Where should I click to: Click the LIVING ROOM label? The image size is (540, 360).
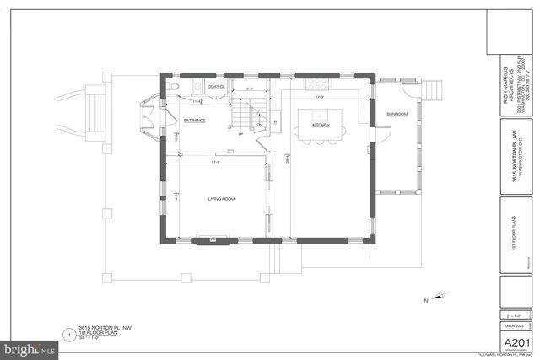(x=221, y=199)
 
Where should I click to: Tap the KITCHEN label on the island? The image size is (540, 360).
(x=321, y=125)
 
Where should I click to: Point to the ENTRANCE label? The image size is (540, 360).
(x=196, y=121)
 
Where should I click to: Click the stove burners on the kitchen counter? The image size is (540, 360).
(x=317, y=83)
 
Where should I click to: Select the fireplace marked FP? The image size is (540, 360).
(x=213, y=239)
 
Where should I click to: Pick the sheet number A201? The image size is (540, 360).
(x=516, y=342)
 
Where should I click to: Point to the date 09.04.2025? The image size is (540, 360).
(x=514, y=325)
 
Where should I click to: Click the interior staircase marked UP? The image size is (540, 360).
(x=242, y=111)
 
